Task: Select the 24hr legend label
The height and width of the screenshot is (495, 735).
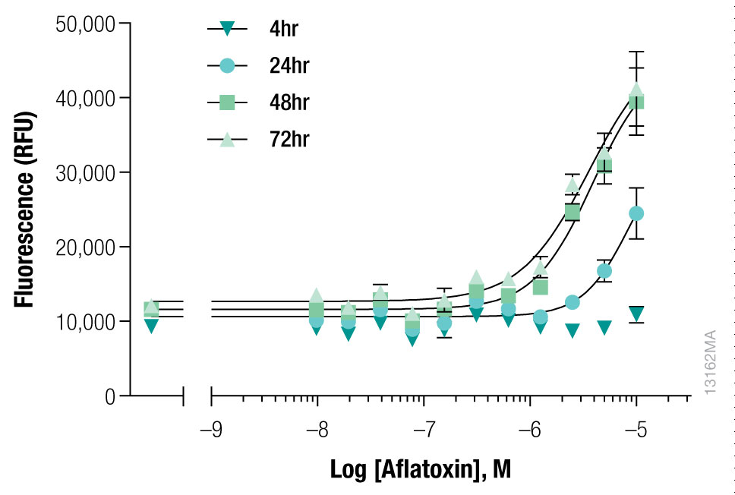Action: [289, 66]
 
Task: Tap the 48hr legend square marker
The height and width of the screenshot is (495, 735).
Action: [226, 102]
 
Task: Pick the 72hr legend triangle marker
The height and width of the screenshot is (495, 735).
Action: [226, 138]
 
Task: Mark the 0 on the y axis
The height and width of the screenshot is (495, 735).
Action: [110, 396]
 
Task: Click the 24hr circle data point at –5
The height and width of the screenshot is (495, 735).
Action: [636, 213]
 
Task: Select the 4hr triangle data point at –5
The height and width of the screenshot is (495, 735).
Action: [636, 314]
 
